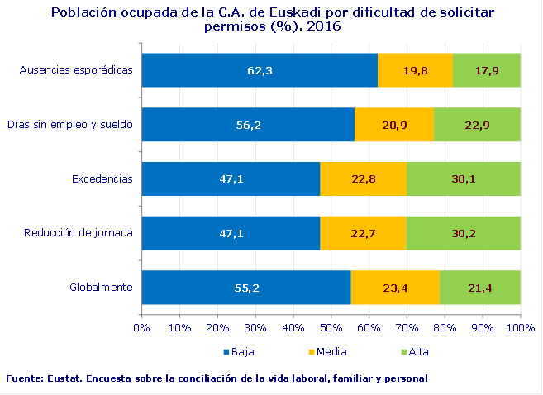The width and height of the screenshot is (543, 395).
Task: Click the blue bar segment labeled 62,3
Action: click(260, 70)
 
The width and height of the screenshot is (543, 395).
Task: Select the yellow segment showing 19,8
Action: click(415, 70)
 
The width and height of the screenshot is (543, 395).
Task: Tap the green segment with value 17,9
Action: click(487, 70)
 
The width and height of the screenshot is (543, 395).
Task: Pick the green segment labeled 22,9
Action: click(477, 125)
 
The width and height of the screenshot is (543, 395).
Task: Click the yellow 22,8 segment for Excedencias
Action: click(363, 178)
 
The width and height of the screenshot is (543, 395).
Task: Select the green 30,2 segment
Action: click(463, 233)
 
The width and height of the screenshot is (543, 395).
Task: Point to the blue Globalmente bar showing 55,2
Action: click(246, 288)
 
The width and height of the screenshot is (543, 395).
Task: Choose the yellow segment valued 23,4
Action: click(395, 288)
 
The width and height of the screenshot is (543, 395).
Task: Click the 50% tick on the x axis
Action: click(331, 328)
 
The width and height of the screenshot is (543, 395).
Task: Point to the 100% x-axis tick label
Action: click(519, 328)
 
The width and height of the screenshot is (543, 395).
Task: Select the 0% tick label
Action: click(142, 328)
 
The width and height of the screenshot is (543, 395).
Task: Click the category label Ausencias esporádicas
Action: click(76, 70)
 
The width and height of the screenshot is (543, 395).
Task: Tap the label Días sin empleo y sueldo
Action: click(70, 125)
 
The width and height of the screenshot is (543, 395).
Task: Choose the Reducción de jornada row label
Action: click(79, 233)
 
